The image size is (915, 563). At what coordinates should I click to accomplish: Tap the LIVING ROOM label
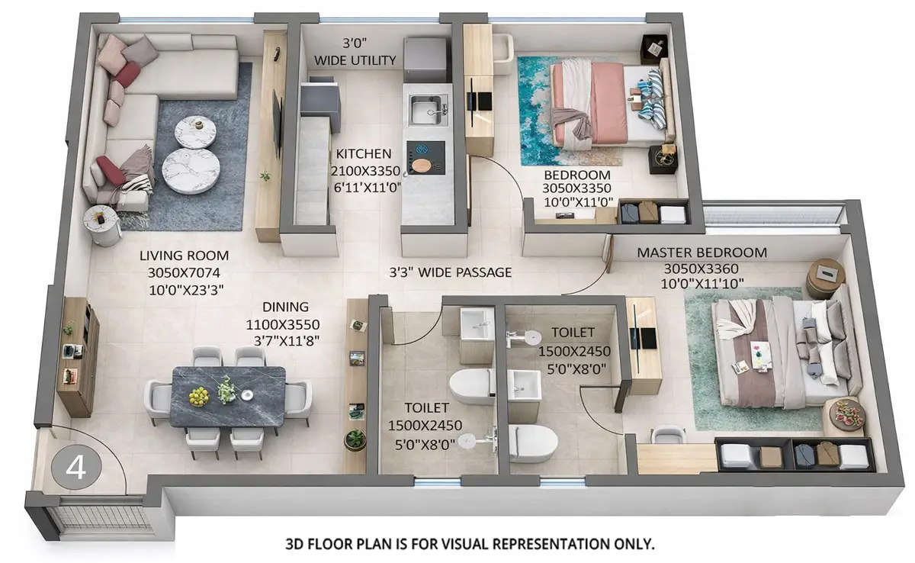coord(184,256)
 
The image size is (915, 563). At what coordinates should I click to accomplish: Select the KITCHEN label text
coord(361,154)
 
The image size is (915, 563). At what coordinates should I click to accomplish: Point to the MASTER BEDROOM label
coord(701,253)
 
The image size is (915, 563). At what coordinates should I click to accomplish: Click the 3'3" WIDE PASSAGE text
coord(450,272)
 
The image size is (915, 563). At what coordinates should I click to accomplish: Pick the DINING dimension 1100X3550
coord(285,323)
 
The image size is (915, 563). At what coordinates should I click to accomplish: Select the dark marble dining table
coord(228,395)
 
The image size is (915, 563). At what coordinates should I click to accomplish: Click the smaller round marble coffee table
coord(191,130)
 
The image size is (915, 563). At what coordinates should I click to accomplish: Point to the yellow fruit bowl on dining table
coord(198,396)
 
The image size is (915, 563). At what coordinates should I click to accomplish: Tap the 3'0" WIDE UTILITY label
coord(355,51)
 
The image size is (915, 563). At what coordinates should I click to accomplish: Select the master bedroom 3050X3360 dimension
coord(701,269)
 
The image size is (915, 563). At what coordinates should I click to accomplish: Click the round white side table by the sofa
coord(101,224)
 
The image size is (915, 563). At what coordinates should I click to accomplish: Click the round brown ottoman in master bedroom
coord(825,277)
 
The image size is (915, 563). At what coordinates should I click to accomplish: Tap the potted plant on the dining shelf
coord(355,439)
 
